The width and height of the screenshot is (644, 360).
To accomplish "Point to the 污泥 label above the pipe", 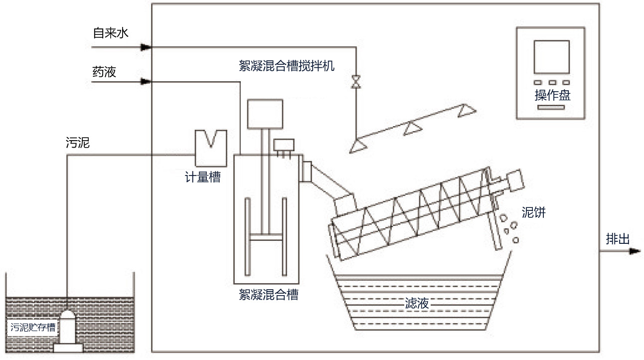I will click(77, 143).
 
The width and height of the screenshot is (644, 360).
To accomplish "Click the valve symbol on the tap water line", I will click(355, 81).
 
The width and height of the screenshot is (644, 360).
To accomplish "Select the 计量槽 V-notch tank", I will click(211, 147).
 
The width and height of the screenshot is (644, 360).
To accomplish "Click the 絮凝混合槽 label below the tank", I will click(268, 294).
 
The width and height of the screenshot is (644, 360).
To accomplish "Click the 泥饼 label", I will click(533, 212).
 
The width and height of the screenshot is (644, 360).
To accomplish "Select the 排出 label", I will click(618, 239).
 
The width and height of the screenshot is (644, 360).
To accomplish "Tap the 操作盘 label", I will click(552, 95).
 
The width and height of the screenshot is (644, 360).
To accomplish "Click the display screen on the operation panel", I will click(551, 57).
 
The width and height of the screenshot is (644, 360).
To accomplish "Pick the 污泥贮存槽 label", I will click(33, 328).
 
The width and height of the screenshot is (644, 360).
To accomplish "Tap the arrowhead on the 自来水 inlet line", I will click(146, 47).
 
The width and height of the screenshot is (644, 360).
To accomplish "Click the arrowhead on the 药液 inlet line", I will click(146, 81).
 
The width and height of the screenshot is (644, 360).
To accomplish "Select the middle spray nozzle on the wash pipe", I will click(411, 129).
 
